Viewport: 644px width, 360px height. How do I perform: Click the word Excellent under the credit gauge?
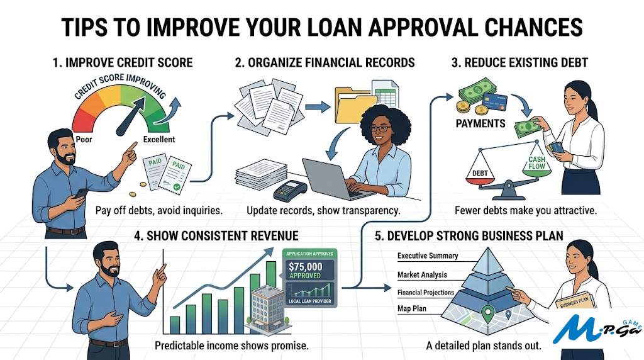point(159,139)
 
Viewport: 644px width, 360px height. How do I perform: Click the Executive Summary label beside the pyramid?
point(428,256)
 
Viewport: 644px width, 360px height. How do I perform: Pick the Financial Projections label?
point(425,293)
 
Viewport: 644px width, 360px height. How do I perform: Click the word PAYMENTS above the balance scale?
point(480,123)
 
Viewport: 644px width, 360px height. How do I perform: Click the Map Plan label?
point(412,309)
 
